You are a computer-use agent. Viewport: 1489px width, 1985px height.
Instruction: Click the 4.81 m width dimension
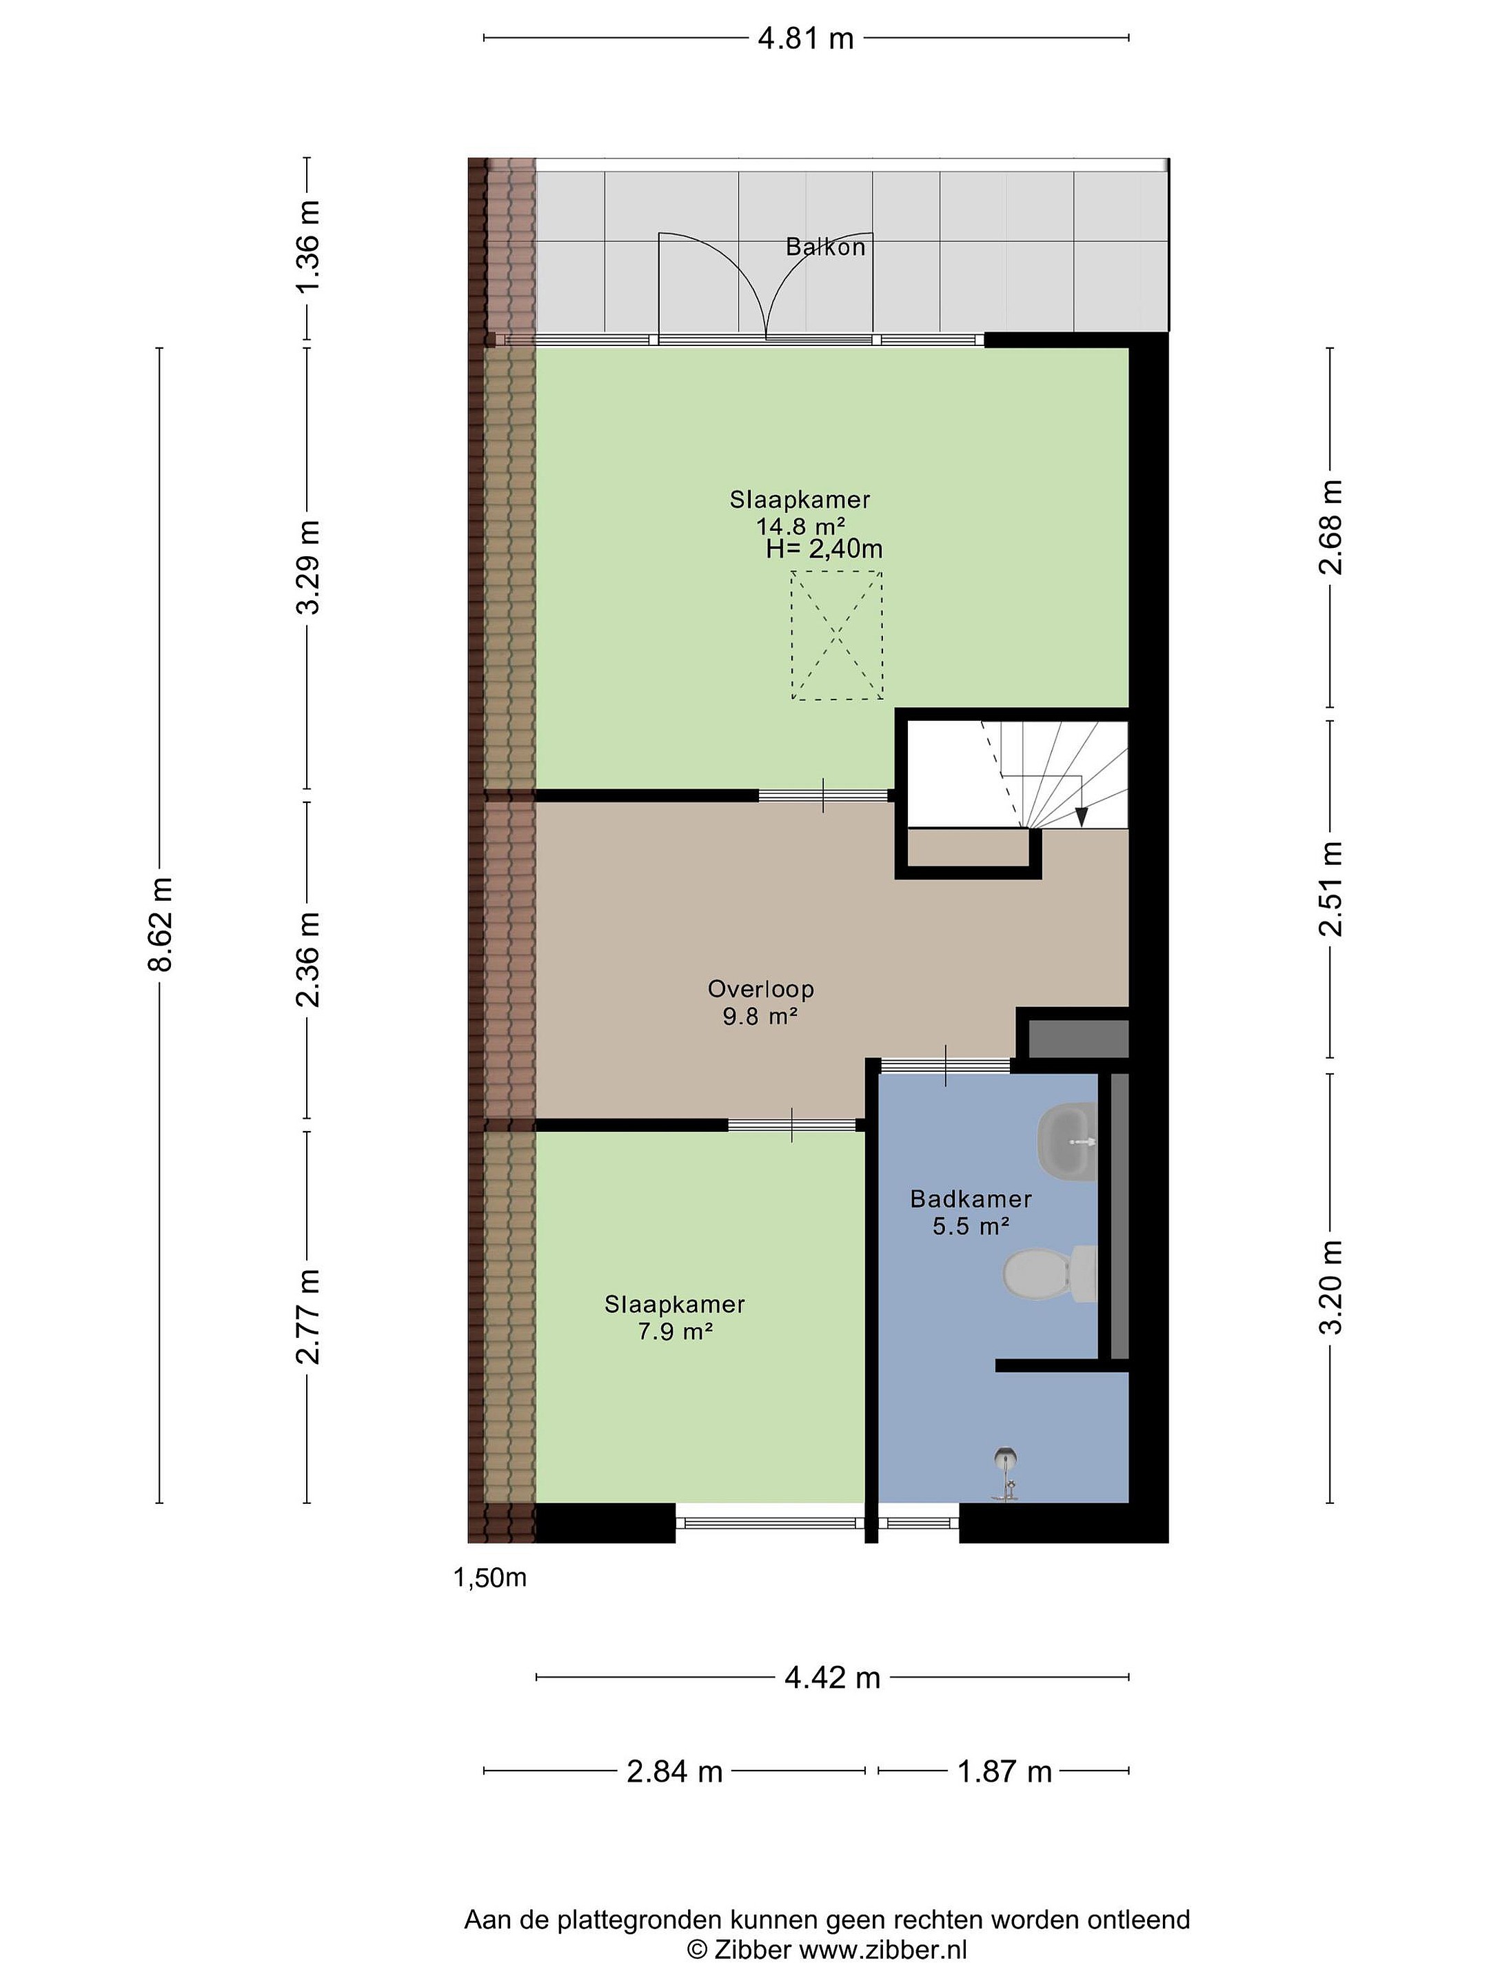click(x=805, y=39)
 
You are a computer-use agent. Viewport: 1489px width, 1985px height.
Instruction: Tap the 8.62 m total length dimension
click(x=161, y=924)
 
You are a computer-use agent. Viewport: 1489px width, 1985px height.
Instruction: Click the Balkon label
click(x=825, y=247)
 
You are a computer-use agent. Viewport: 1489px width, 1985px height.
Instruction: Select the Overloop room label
click(x=760, y=989)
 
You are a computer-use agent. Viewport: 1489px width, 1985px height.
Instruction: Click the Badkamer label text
click(x=970, y=1198)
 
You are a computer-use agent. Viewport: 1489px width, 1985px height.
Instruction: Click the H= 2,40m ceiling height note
click(x=824, y=549)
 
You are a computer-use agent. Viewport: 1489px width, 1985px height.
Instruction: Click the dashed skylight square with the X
click(x=836, y=635)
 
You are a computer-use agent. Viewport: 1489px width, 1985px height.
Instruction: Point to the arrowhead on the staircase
click(x=1082, y=817)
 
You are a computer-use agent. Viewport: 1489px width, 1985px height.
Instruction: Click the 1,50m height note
click(x=490, y=1578)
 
